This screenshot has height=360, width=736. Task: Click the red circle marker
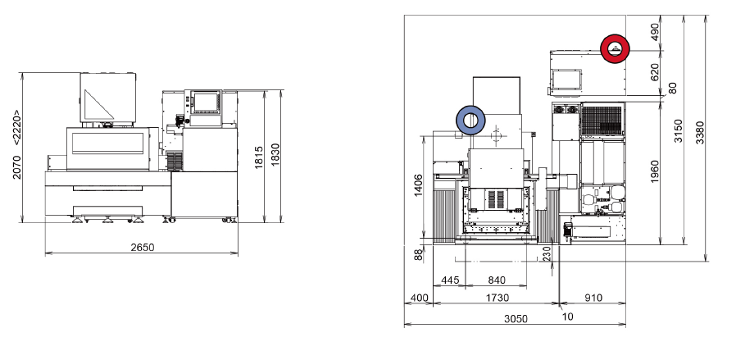615,38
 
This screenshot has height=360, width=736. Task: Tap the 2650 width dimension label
143,247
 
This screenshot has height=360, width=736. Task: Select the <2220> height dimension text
16,127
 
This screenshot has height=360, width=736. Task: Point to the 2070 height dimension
16,167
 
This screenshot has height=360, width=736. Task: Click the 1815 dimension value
259,157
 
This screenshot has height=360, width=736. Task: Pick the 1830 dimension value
275,153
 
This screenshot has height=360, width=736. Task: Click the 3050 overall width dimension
516,319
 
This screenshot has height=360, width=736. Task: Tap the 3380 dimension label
700,133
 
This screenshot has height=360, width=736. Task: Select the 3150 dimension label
679,131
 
